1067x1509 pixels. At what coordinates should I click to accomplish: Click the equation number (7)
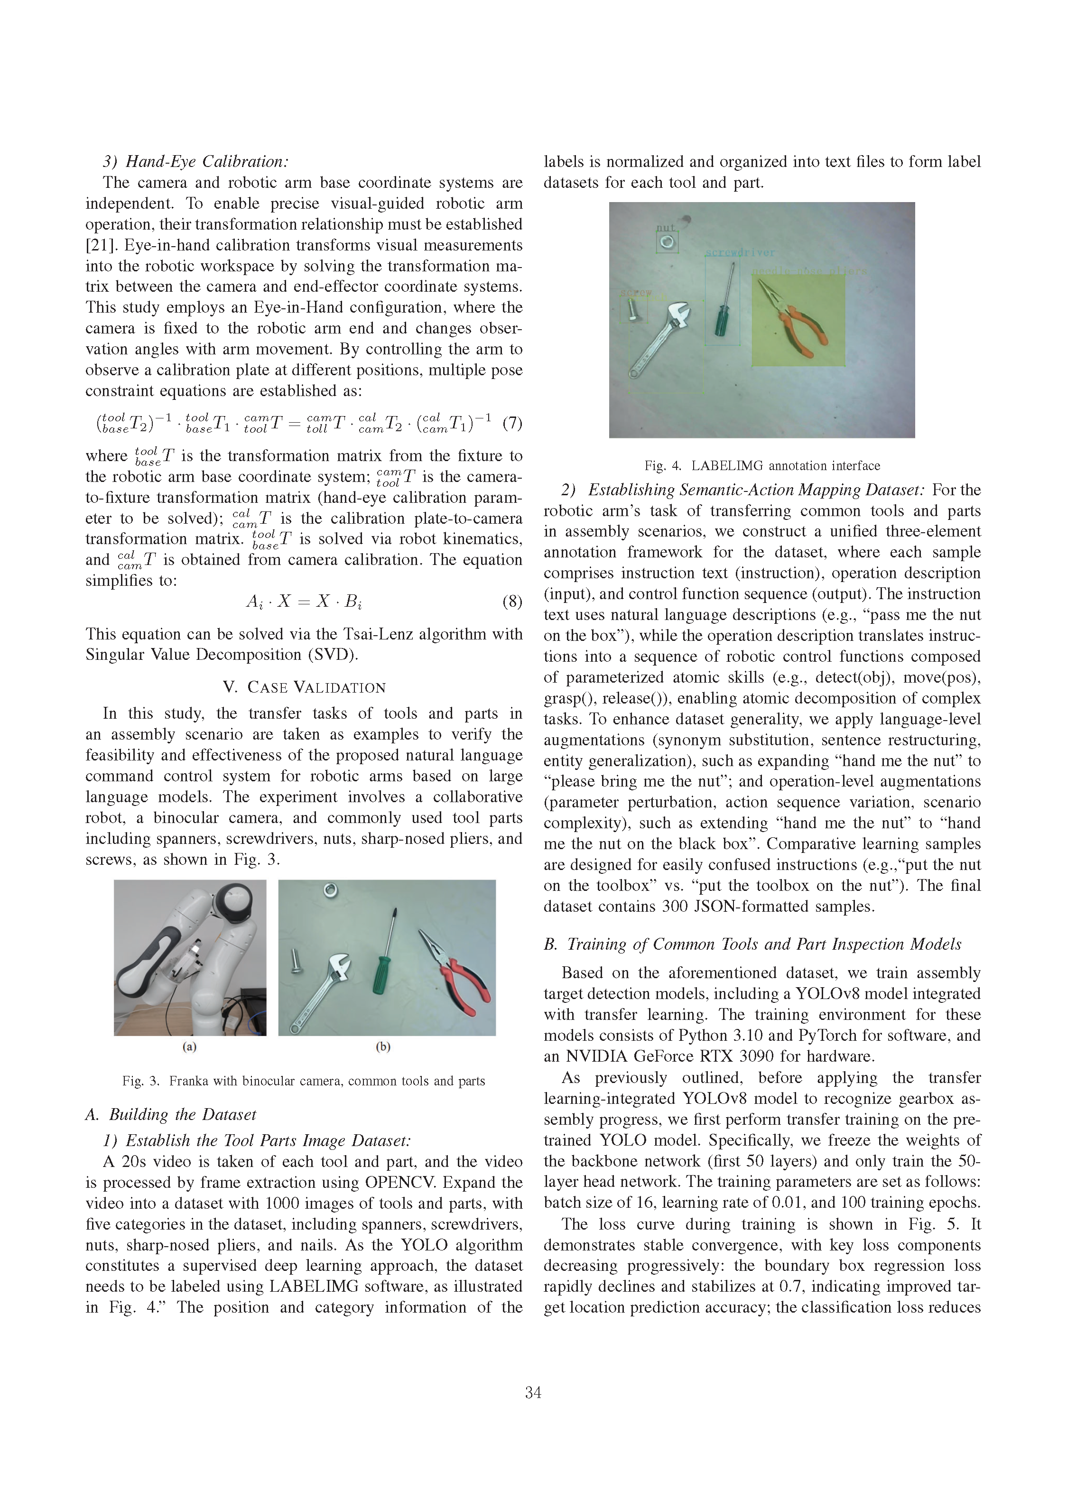click(512, 423)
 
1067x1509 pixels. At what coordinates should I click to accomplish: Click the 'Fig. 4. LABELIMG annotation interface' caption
click(762, 466)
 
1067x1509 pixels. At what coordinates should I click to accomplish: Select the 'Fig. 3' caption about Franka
click(303, 1081)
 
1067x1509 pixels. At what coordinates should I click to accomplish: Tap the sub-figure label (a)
click(189, 1047)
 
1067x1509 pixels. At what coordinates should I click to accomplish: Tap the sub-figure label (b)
click(383, 1047)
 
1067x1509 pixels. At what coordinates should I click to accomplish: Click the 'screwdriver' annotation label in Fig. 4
click(740, 252)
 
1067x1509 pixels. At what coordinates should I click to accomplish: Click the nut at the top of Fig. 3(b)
click(331, 890)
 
